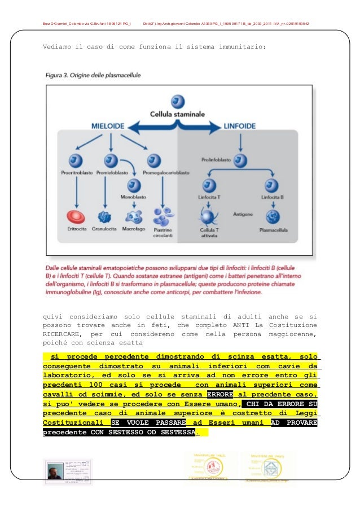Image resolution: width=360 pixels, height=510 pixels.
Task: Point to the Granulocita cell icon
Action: [104, 216]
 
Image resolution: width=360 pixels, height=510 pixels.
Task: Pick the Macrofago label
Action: [134, 230]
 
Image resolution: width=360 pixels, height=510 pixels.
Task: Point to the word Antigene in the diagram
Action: [242, 214]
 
